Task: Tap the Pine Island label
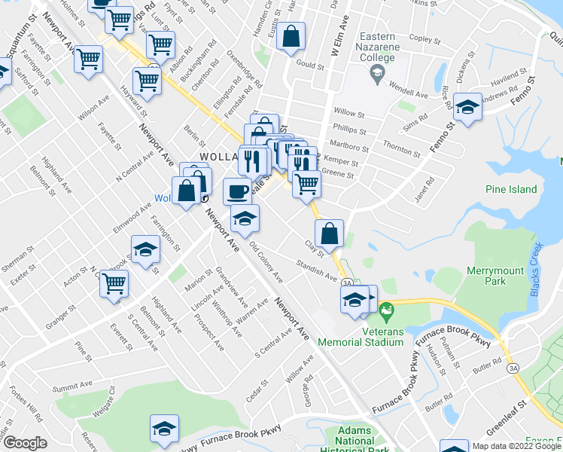click(x=511, y=189)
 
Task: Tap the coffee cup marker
click(x=237, y=191)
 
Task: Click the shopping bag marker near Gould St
click(x=291, y=38)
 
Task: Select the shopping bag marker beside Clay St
click(x=329, y=234)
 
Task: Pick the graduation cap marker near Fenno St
click(x=467, y=109)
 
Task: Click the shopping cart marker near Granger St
click(x=114, y=285)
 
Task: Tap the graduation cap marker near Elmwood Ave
click(x=145, y=250)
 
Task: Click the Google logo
click(x=25, y=443)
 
